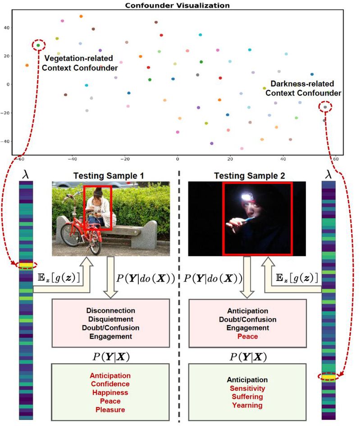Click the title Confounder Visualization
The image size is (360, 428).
coord(179,5)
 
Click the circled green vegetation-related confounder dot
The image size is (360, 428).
coord(39,45)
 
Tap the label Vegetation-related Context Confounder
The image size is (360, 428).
coord(81,63)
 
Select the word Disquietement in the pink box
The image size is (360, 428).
coord(110,319)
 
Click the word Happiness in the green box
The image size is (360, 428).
coord(110,392)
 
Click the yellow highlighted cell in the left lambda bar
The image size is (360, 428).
coord(26,265)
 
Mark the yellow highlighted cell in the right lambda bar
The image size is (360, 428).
coord(328,376)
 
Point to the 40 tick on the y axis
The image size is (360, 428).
coord(6,28)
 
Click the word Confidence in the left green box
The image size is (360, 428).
coord(110,384)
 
